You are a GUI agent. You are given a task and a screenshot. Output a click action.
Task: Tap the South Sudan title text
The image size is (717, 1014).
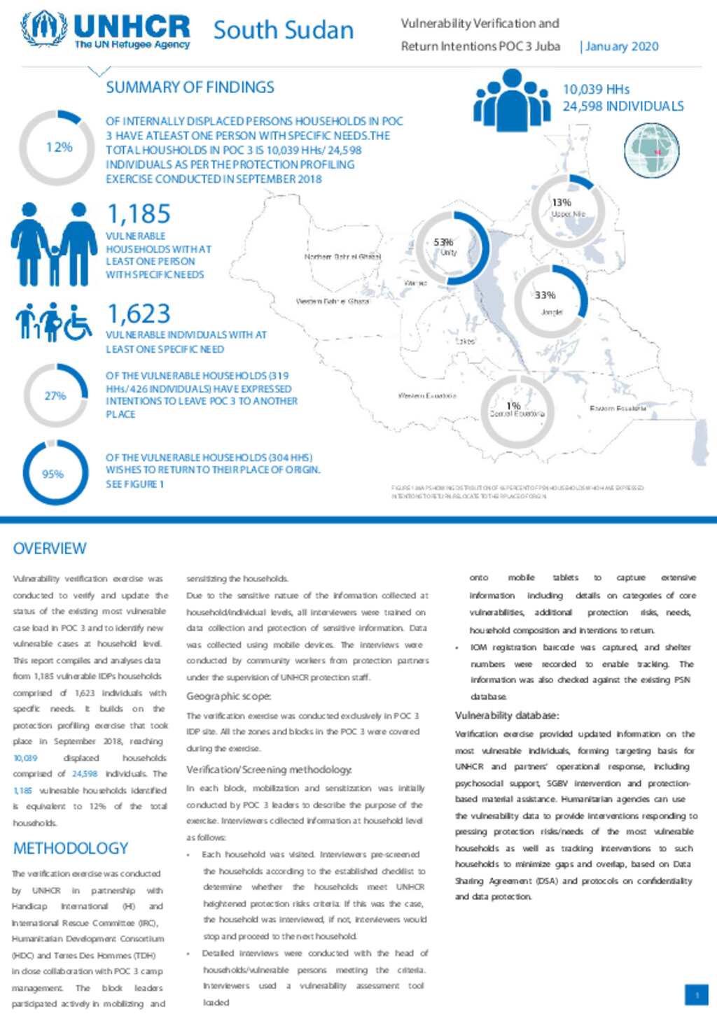pos(284,30)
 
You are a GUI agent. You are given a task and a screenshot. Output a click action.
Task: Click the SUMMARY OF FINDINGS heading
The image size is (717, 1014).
pos(190,87)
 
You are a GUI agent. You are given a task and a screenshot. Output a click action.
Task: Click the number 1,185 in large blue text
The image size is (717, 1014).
pos(139,213)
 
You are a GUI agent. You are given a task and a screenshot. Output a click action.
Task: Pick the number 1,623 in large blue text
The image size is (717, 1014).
pos(139,314)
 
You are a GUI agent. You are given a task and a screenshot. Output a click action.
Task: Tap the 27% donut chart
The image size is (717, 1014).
pos(55,395)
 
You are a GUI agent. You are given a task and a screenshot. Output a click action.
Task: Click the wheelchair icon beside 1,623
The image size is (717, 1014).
pos(78,323)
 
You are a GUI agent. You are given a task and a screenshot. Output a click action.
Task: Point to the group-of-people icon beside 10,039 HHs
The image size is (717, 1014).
pos(512,99)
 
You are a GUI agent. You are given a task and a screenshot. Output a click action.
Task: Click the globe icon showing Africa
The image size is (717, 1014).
pos(652,150)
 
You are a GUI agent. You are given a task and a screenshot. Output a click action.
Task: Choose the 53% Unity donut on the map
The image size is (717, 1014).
pos(452,247)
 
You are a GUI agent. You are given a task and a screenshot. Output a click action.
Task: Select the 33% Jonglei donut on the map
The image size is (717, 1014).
pos(550,302)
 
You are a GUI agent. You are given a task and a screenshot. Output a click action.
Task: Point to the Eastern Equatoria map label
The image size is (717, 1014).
pos(618,408)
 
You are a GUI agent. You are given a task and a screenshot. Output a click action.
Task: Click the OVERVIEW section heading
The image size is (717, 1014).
pos(50,549)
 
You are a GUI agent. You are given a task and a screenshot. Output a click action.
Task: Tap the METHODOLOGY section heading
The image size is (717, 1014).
pos(71,848)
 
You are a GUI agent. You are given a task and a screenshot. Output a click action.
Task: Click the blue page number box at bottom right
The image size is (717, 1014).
pos(696,994)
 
